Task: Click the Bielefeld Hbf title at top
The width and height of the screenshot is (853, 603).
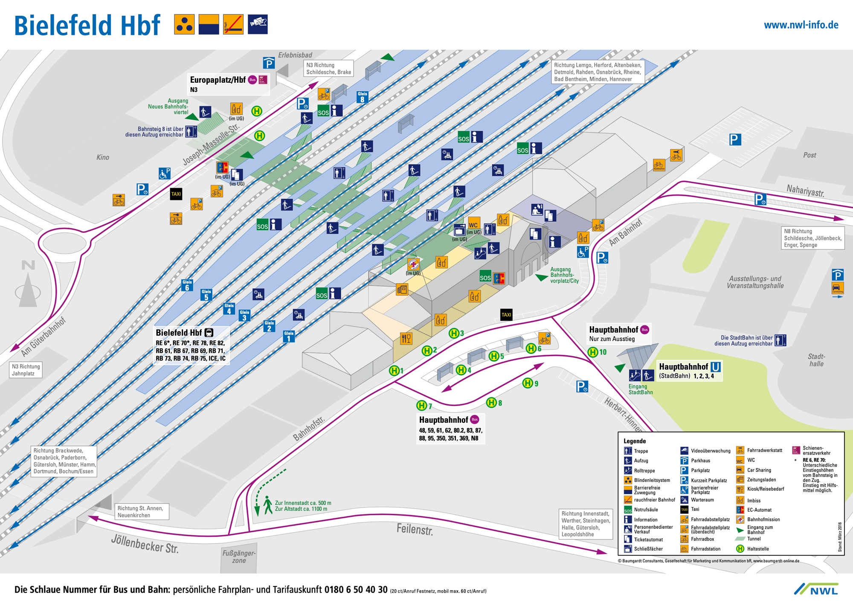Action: click(87, 26)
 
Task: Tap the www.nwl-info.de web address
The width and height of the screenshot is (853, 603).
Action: click(801, 25)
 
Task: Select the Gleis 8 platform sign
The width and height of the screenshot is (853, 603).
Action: click(362, 97)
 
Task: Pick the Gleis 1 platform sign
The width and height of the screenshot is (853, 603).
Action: click(289, 336)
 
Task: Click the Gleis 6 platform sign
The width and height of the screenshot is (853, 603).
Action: click(187, 285)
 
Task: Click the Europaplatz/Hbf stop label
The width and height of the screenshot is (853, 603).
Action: click(218, 80)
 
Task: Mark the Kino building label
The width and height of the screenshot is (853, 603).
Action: click(103, 157)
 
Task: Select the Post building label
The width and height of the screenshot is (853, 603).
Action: click(809, 155)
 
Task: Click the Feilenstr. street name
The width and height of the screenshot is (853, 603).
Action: click(415, 529)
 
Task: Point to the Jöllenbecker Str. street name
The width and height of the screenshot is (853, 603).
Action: click(145, 544)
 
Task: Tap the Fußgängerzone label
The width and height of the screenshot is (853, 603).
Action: click(239, 557)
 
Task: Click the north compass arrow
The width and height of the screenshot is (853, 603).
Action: click(28, 286)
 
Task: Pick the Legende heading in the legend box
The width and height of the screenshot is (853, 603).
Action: click(635, 441)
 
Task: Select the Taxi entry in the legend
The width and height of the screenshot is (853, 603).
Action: click(695, 509)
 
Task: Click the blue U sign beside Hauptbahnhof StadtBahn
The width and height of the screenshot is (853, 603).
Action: click(716, 367)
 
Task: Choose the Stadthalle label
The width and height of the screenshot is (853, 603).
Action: click(816, 360)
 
